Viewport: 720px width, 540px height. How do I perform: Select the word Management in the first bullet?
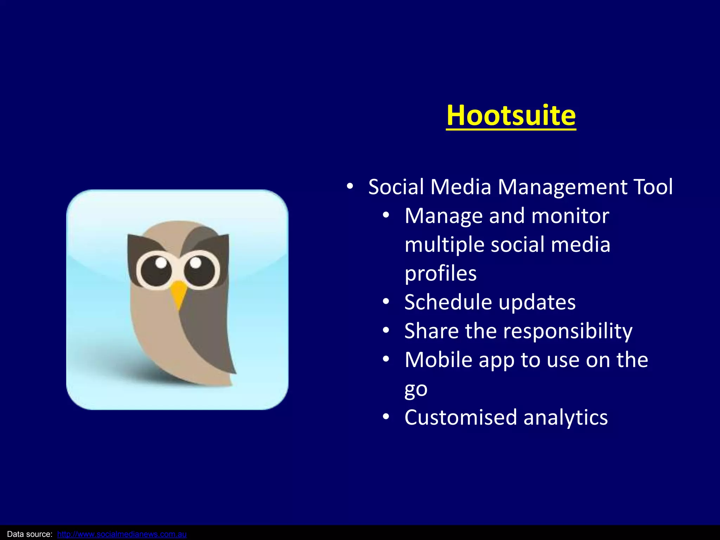point(561,187)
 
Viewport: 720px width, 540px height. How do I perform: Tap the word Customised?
point(461,417)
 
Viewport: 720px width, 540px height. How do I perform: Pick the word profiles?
point(441,274)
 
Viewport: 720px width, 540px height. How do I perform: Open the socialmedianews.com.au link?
point(122,534)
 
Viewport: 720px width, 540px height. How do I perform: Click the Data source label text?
point(30,534)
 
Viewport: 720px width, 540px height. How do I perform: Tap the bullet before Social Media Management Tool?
point(349,187)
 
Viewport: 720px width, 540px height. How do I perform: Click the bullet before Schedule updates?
point(386,302)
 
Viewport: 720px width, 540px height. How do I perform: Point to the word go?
point(416,389)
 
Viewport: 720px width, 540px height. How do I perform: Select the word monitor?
point(570,216)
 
